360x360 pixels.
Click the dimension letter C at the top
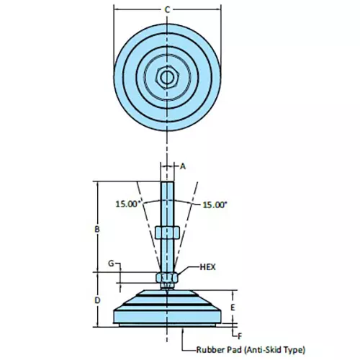click(x=167, y=9)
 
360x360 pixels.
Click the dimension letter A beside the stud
click(x=183, y=166)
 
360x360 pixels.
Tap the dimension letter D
click(x=96, y=300)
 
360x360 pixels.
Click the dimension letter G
click(x=111, y=264)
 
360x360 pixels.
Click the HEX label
click(x=207, y=266)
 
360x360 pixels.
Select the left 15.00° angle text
click(x=127, y=204)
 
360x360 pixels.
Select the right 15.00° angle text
click(x=214, y=204)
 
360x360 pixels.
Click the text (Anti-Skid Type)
click(x=274, y=349)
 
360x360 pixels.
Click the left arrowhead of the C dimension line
click(x=116, y=10)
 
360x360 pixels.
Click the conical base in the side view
click(x=166, y=306)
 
